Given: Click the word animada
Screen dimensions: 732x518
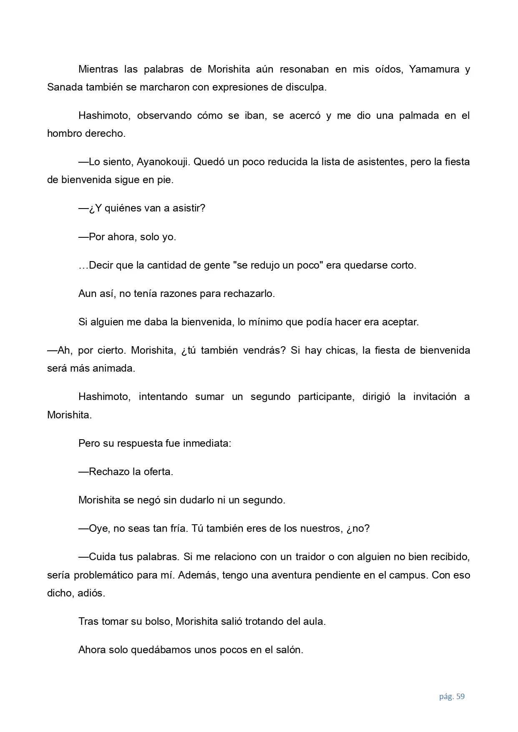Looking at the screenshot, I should pos(116,369).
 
